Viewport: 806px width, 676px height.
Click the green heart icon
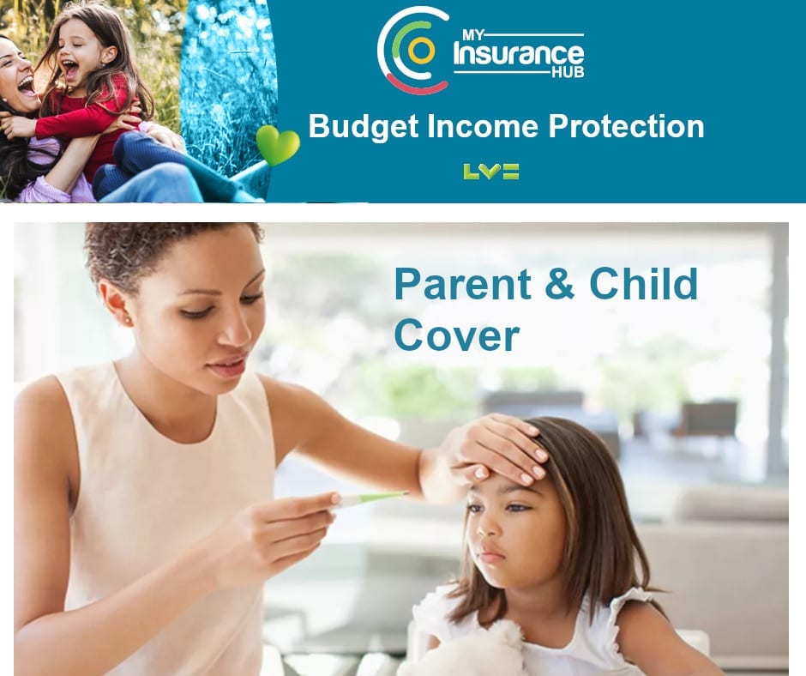tap(278, 145)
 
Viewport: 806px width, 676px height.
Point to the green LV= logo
tap(491, 172)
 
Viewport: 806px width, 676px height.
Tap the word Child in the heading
tap(643, 282)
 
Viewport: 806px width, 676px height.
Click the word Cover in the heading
tap(456, 335)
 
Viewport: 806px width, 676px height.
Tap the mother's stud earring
tap(126, 322)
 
